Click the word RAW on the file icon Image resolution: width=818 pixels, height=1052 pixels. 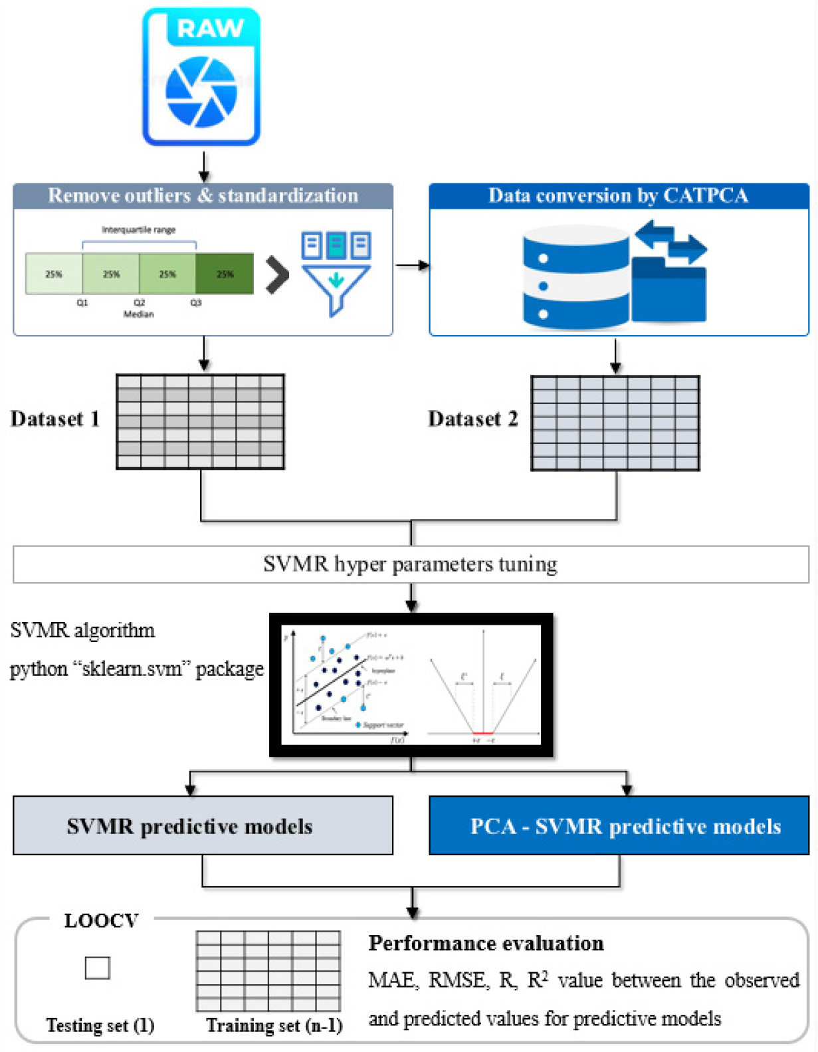click(210, 29)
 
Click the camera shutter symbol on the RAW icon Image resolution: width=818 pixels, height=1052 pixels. click(201, 92)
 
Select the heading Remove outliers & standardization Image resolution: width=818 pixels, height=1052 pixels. click(203, 195)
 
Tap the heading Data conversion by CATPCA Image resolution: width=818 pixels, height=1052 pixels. click(618, 195)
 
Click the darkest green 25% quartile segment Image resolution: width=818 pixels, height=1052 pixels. click(225, 273)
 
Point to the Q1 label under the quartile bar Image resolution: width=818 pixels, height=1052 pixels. click(82, 302)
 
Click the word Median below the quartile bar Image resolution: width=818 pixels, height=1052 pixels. click(138, 314)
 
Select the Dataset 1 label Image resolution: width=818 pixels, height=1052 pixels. click(55, 419)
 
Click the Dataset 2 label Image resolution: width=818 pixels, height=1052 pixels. click(472, 419)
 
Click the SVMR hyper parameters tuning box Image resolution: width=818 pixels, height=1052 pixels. click(410, 564)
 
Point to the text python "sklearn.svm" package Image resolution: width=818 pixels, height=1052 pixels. click(136, 669)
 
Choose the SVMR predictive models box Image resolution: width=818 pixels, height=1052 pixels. click(203, 825)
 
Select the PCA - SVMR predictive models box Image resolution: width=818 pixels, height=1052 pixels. click(619, 825)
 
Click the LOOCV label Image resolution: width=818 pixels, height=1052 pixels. click(101, 920)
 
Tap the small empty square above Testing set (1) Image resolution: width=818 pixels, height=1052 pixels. click(97, 968)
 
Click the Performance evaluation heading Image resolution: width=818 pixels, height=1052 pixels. click(486, 943)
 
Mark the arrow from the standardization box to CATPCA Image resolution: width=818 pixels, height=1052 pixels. click(412, 266)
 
